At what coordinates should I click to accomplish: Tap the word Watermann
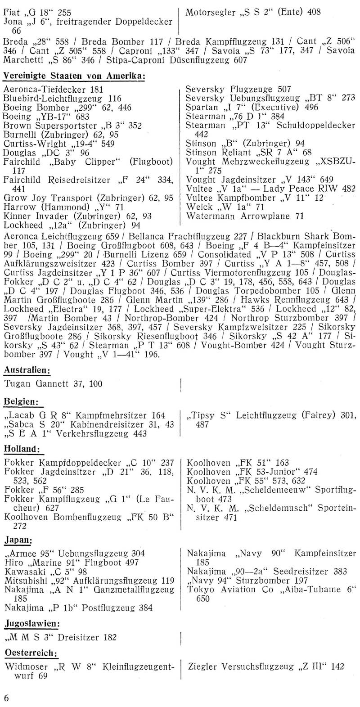[208, 216]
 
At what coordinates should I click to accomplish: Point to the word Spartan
[200, 107]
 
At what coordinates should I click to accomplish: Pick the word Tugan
[16, 384]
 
